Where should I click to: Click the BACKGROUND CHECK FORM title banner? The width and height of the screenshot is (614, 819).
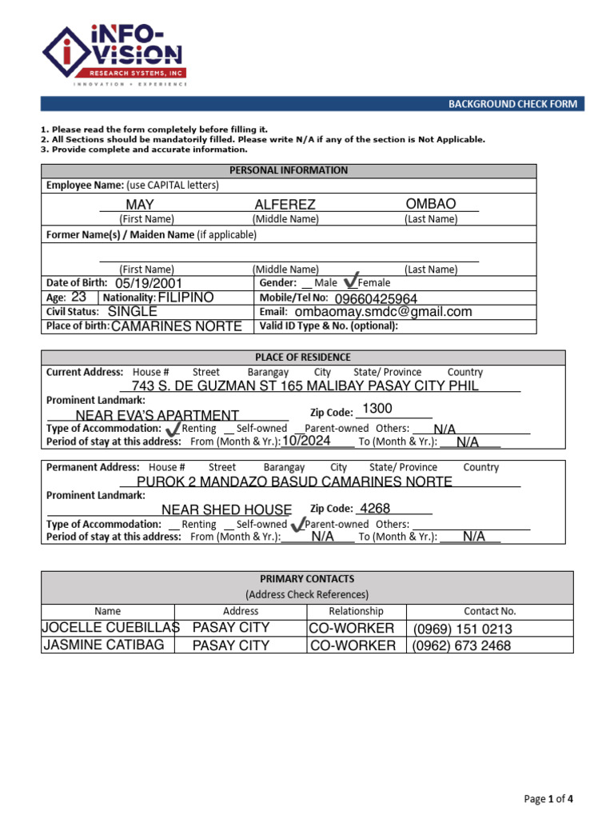coord(511,104)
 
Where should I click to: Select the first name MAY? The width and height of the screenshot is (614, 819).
coord(140,205)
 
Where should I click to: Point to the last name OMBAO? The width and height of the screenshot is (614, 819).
coord(431,204)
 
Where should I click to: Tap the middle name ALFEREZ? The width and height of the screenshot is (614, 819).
coord(285,205)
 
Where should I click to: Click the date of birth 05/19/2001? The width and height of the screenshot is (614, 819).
coord(149,283)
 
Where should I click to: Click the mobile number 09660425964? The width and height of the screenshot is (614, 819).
coord(376,299)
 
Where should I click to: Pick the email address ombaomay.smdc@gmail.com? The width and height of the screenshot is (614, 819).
coord(383,312)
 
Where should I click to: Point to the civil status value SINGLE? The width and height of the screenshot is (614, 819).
coord(133,311)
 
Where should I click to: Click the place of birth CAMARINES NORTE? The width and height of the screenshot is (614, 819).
coord(176,326)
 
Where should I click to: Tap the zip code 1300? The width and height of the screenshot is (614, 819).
coord(377,409)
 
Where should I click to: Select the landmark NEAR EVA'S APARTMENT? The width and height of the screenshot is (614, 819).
coord(157,415)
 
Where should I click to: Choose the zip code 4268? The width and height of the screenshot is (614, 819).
coord(374,509)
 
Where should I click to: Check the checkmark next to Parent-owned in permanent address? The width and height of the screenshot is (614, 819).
coord(298,524)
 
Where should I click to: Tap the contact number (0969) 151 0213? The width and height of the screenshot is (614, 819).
coord(462,629)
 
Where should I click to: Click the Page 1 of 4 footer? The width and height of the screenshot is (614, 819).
coord(548,798)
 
